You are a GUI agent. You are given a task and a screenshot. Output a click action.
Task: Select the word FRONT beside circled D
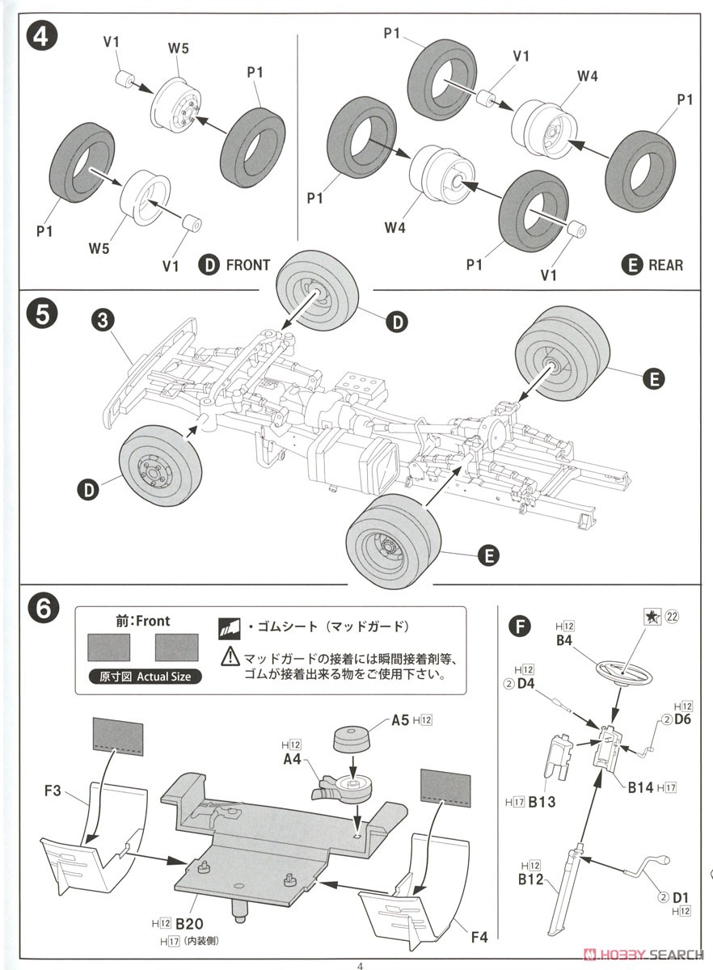(x=247, y=265)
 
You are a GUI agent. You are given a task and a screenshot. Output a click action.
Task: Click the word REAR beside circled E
(x=665, y=265)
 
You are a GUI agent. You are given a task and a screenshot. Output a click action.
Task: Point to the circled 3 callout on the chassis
(x=102, y=320)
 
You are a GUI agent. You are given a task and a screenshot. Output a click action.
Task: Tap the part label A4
(x=292, y=760)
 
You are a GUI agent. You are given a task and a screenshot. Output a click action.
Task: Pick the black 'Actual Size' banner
(x=139, y=677)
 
